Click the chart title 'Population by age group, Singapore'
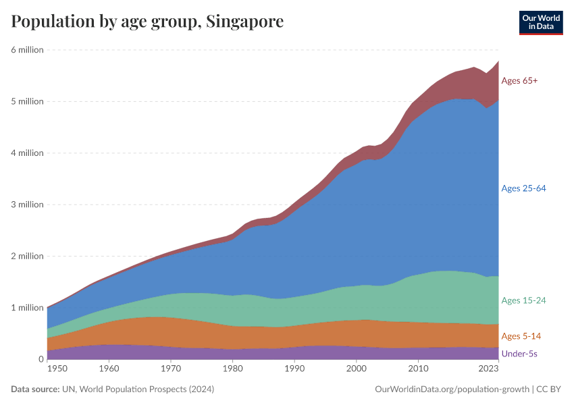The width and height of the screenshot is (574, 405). [x=147, y=22]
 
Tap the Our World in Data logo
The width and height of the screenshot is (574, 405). [x=540, y=22]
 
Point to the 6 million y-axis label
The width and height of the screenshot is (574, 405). [x=27, y=50]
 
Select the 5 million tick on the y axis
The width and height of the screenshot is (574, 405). [x=27, y=101]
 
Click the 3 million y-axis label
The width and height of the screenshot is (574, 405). [x=27, y=205]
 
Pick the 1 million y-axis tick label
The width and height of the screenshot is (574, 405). [x=27, y=308]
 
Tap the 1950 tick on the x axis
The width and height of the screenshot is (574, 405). [x=57, y=369]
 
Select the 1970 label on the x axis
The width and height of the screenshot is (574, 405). [x=171, y=369]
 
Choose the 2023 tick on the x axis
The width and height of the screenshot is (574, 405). [x=488, y=369]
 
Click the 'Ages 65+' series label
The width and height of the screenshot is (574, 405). [x=519, y=81]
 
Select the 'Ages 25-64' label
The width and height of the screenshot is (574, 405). [x=523, y=188]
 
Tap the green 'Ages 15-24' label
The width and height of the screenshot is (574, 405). [x=523, y=300]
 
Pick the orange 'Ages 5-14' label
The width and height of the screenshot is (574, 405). [x=521, y=336]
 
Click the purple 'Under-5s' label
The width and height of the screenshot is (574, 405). [x=519, y=354]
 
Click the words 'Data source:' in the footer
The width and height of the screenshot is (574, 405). [x=34, y=389]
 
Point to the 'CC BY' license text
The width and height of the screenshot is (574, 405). [x=550, y=389]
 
